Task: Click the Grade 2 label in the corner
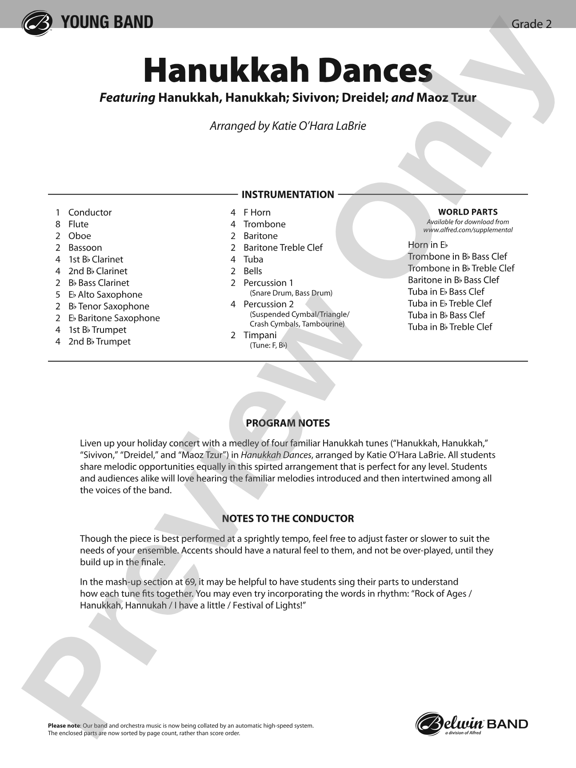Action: tap(531, 24)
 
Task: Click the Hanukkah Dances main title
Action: tap(288, 71)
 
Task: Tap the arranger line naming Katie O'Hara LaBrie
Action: tap(288, 126)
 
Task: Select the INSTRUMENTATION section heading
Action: tap(288, 195)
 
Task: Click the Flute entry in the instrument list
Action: tap(78, 224)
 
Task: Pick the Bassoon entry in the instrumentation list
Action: tap(85, 248)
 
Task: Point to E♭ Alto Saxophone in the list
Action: tap(105, 295)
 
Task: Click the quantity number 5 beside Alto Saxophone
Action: tap(58, 295)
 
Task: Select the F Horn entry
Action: tap(257, 213)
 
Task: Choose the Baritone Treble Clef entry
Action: tap(283, 248)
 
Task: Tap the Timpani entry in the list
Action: tap(260, 336)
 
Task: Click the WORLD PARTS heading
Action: tap(468, 212)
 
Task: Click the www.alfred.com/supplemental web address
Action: tap(468, 230)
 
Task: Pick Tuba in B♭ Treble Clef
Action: tap(450, 327)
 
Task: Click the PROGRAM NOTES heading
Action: tap(288, 423)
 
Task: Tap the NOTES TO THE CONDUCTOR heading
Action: tap(288, 519)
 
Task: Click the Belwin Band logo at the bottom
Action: tap(472, 724)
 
